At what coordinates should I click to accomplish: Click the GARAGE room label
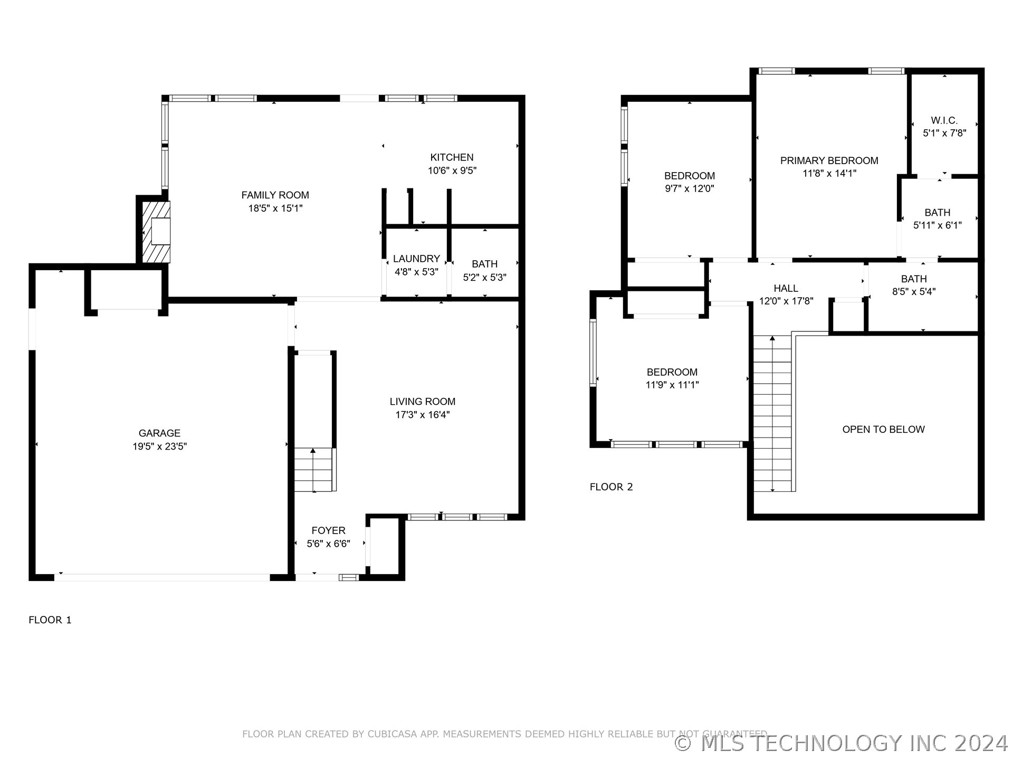(159, 433)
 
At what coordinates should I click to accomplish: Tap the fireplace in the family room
(156, 232)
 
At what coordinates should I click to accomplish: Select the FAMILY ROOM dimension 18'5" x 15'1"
(275, 208)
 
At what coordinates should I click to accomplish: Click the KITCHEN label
(452, 157)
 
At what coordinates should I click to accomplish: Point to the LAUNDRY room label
(416, 259)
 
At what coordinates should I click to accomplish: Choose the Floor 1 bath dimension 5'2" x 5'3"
(484, 277)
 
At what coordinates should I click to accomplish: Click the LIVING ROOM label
(423, 402)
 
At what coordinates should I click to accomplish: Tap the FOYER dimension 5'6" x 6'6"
(328, 544)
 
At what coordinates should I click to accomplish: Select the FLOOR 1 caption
(50, 620)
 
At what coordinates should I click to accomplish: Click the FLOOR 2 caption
(611, 487)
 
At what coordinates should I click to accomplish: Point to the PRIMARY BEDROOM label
(829, 160)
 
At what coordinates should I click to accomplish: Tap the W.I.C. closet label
(944, 120)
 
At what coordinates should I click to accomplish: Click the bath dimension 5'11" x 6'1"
(937, 225)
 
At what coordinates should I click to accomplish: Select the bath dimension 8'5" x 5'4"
(914, 291)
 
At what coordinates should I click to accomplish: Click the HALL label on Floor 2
(786, 288)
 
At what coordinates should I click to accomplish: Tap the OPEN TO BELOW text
(883, 430)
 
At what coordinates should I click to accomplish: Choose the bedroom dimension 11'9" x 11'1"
(672, 385)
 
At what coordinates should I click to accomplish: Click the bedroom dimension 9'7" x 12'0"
(690, 188)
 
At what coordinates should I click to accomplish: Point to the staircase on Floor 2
(772, 413)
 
